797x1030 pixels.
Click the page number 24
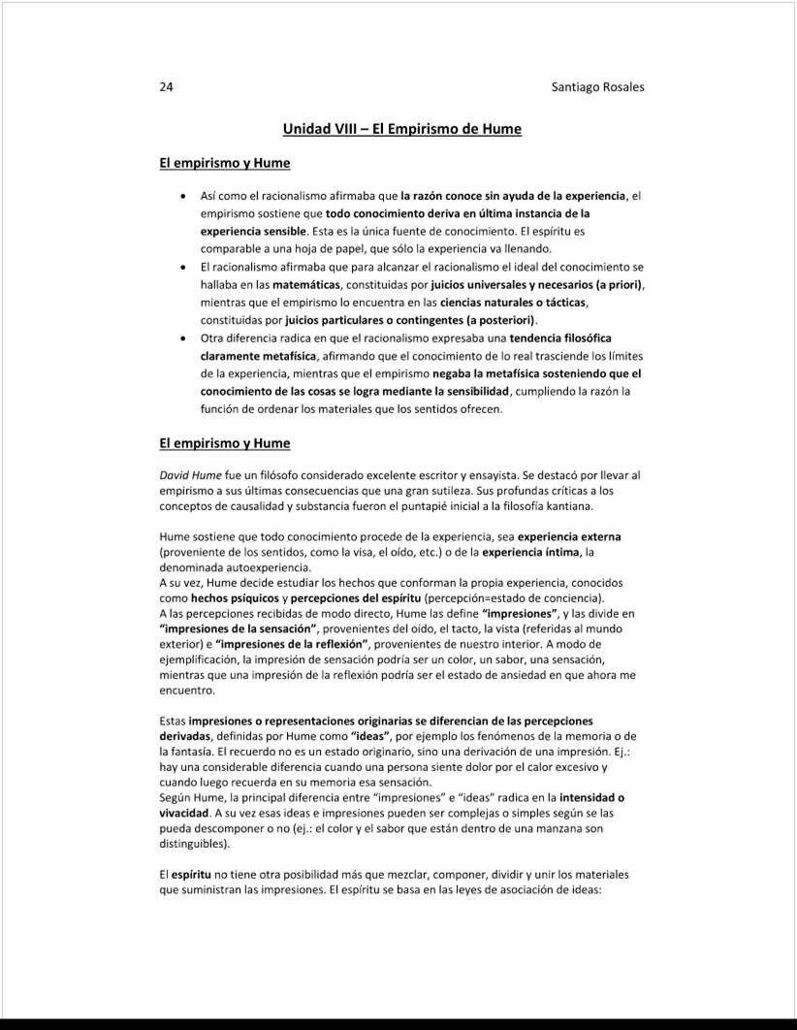coord(166,86)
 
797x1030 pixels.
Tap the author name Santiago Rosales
coord(597,86)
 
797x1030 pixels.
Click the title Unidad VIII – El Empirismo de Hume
coord(401,128)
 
